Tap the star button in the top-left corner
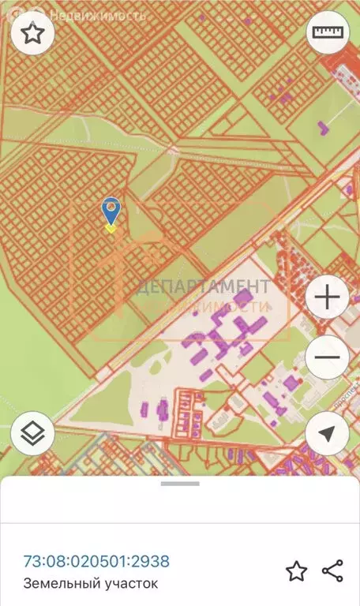32,33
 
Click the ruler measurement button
327,33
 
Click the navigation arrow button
327,433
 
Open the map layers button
32,433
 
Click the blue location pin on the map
111,210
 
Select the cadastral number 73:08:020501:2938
96,561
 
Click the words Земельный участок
91,584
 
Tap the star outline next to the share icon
296,571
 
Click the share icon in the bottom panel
332,571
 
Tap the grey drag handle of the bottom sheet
180,483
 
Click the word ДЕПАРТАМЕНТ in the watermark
203,286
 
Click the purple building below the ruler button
322,126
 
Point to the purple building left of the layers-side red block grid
163,410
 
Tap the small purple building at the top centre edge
202,17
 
